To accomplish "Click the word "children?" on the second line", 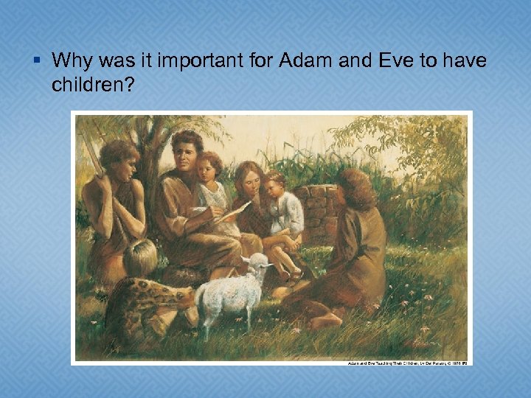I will [92, 85].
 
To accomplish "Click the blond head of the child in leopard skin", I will [140, 256].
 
